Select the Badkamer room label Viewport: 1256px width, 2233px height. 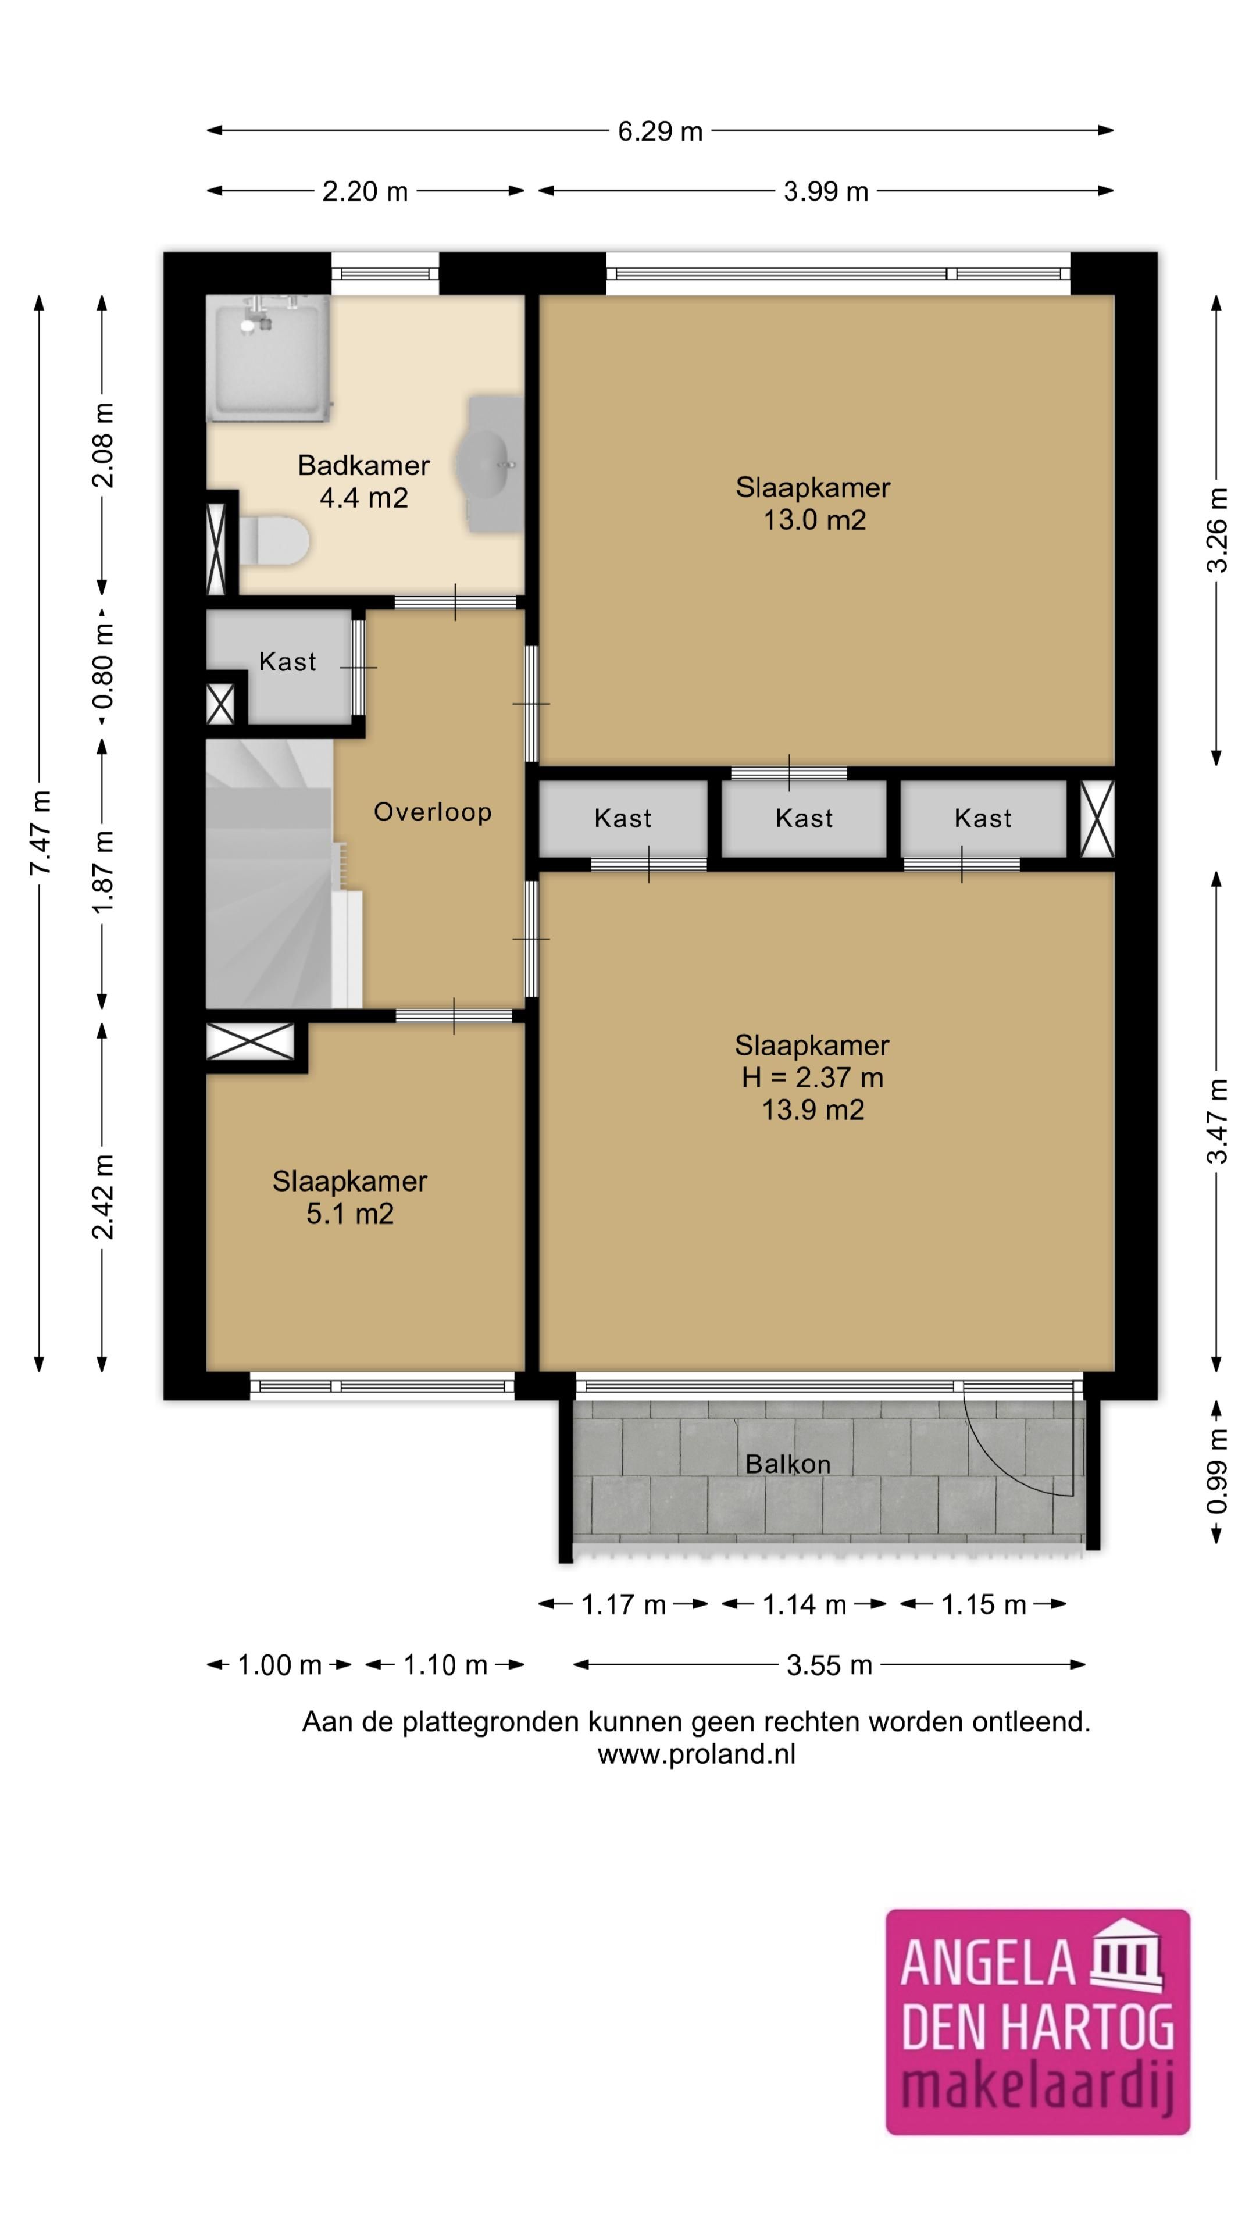363,465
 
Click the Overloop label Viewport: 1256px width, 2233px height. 433,812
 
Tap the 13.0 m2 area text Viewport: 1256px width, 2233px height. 814,520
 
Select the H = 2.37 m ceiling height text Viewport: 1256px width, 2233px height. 812,1078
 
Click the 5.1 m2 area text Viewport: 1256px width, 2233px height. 349,1214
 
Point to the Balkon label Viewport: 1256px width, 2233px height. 788,1464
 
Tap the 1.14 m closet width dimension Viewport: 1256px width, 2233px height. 804,1604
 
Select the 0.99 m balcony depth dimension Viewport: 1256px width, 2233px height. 1217,1473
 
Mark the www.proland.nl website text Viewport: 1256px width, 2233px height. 696,1754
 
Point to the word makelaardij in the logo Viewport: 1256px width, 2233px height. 1037,2088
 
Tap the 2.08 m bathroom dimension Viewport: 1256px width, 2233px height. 102,445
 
